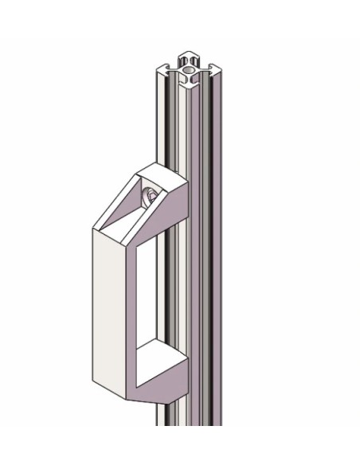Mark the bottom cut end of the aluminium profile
tap(191, 422)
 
